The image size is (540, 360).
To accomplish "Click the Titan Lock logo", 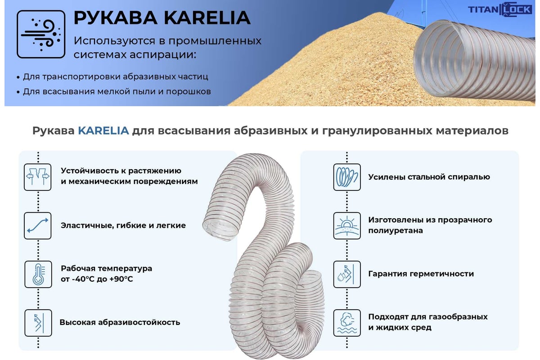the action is coord(500,9).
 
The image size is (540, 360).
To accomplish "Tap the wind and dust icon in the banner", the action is coord(41,34).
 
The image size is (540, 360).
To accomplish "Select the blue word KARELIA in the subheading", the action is coord(103,130).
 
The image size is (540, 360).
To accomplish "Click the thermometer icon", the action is coord(38,274).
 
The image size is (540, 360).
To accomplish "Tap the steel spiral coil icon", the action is coord(347,177).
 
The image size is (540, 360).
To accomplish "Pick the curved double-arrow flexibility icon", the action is coord(38,225).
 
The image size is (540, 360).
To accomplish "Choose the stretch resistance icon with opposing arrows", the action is coord(38,177).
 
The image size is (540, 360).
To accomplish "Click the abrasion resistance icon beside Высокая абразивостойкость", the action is coord(38,323).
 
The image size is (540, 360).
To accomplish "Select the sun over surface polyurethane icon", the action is coord(347,225).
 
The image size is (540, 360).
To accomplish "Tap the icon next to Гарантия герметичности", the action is coord(347,274).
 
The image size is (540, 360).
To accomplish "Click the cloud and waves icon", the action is coord(347,323).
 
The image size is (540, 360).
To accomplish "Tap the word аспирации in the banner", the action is coord(163,55).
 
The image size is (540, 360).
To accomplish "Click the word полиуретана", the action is coord(396,230).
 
